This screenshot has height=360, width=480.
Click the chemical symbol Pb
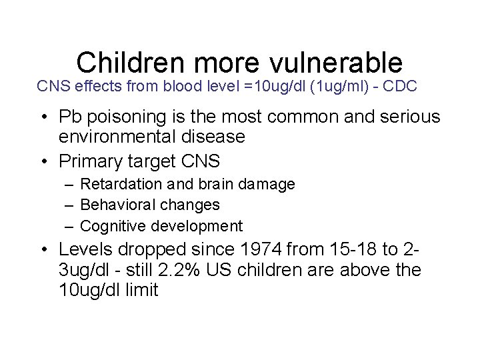coord(69,117)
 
